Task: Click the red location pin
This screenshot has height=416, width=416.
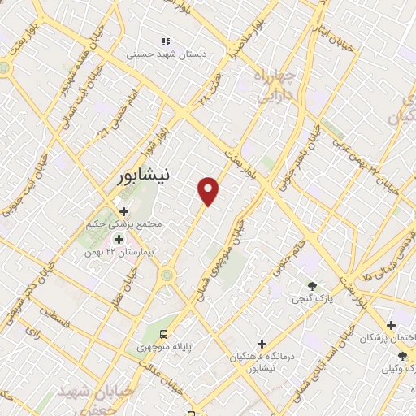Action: tap(209, 190)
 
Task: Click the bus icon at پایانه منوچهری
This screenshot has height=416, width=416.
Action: tap(165, 333)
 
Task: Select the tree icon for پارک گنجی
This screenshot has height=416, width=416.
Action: tap(311, 285)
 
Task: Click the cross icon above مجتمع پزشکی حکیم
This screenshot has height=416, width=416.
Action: tap(123, 211)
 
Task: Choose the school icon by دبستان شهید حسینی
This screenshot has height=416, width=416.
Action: tap(166, 41)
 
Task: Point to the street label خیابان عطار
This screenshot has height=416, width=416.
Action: tap(128, 284)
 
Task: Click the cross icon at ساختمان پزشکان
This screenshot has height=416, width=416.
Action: tap(391, 324)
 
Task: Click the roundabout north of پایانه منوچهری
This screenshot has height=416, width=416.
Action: tap(167, 275)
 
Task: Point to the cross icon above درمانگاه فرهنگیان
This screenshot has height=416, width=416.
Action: tap(261, 344)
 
